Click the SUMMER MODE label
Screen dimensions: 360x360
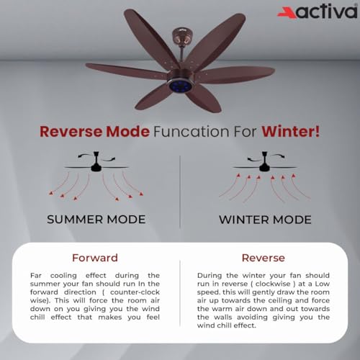(96, 219)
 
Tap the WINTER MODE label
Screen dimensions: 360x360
(266, 219)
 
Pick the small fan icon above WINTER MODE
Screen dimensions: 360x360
(265, 166)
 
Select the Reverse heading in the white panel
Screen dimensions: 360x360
(264, 257)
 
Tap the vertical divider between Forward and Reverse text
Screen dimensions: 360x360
(180, 295)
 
